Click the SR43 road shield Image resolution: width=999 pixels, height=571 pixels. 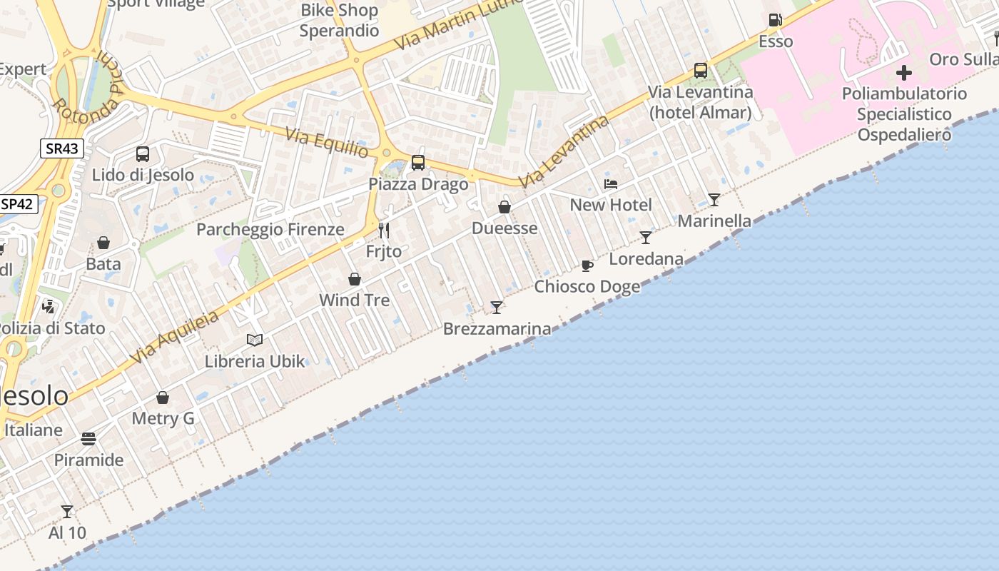tap(62, 148)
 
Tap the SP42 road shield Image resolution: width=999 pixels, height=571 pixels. tap(17, 203)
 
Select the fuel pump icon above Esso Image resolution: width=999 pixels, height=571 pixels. tap(775, 20)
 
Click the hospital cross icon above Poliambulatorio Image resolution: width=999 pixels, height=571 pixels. tap(904, 73)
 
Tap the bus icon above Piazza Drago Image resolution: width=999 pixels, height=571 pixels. tap(418, 163)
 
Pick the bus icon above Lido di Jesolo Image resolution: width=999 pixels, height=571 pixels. tap(143, 153)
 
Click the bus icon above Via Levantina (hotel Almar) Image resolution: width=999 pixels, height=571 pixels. tap(701, 71)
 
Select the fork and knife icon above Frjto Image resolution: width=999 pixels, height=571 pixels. tap(384, 230)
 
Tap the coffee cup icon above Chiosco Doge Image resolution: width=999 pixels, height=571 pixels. tap(587, 266)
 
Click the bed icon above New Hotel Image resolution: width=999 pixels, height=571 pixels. tap(611, 184)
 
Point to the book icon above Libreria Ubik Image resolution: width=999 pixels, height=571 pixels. tap(255, 340)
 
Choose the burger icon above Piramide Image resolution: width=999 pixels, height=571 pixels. tap(88, 438)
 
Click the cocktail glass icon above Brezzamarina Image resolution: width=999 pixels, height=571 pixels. tap(497, 307)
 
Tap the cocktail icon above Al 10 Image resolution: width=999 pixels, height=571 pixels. tap(67, 511)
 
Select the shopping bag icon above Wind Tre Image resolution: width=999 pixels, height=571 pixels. tap(355, 278)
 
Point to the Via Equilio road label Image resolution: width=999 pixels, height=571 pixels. tap(327, 142)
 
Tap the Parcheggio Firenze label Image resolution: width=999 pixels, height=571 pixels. tap(270, 229)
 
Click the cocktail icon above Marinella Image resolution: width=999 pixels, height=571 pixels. tap(714, 200)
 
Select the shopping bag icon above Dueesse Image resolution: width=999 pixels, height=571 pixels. tap(504, 207)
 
